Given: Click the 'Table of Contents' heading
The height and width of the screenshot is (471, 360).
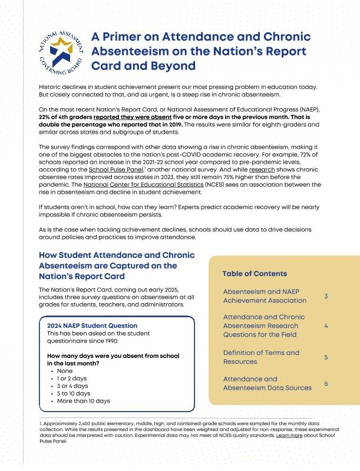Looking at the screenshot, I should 255,274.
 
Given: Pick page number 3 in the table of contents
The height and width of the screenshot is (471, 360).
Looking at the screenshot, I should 326,296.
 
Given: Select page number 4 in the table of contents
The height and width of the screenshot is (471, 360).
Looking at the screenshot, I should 326,326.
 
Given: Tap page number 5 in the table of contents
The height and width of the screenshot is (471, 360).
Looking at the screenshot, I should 326,357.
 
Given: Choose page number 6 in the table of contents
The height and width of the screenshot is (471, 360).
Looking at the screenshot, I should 326,383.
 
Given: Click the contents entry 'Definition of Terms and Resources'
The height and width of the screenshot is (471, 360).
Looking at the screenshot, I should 261,357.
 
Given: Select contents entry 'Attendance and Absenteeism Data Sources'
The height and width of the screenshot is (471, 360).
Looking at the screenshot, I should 267,383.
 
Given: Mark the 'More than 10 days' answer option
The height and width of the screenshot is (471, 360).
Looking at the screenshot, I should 84,400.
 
